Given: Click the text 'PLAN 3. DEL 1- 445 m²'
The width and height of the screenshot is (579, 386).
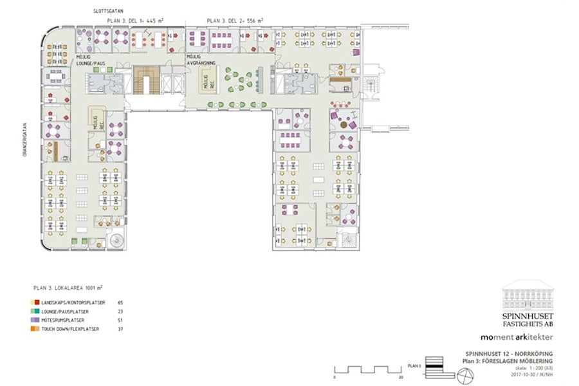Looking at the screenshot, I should tap(134, 21).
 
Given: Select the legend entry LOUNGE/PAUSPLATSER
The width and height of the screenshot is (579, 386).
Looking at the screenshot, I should tap(68, 311).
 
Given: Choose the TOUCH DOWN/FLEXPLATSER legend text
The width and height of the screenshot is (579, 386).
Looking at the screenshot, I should tap(71, 329).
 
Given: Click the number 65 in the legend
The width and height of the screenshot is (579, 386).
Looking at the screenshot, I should tap(120, 302).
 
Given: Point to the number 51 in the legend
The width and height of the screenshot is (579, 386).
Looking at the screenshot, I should tap(120, 320).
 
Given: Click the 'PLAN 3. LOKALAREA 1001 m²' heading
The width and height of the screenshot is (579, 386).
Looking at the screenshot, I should tap(68, 288).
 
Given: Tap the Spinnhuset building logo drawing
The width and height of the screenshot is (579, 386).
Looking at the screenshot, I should tap(526, 295).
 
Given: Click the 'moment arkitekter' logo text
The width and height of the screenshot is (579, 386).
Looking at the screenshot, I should tap(517, 336).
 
